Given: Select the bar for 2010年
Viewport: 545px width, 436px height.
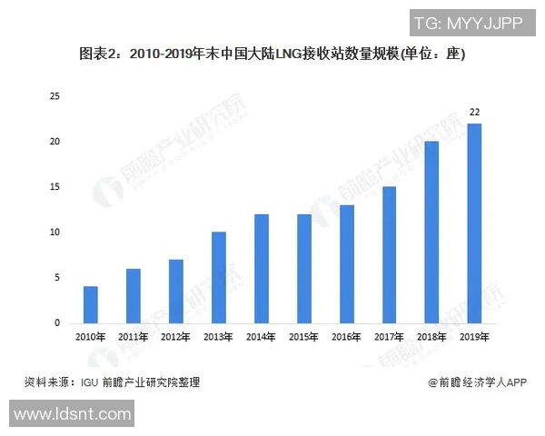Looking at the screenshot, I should [90, 305].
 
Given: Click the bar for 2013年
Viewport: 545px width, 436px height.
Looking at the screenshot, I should [218, 278].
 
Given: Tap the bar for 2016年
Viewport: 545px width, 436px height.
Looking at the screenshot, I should [346, 264].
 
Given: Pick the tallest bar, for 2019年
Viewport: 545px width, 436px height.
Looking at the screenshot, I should [474, 223].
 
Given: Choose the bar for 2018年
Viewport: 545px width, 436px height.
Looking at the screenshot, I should [431, 233].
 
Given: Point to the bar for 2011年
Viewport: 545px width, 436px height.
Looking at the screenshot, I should [133, 296].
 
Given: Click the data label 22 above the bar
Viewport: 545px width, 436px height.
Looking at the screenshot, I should [474, 112].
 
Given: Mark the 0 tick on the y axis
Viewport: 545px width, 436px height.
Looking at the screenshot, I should [57, 323].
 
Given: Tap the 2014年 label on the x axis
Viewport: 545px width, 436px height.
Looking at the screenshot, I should [261, 337].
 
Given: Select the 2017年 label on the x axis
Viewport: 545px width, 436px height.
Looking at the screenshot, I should [389, 337].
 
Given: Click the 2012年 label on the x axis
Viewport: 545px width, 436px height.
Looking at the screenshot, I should [175, 337].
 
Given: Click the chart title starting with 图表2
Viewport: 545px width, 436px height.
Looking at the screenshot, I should [272, 54].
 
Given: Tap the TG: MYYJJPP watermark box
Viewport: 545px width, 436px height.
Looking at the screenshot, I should [468, 22].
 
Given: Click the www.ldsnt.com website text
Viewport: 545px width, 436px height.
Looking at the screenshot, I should [73, 416].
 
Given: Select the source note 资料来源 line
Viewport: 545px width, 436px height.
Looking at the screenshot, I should [112, 382].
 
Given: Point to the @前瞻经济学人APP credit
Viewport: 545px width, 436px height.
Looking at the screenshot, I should [478, 382].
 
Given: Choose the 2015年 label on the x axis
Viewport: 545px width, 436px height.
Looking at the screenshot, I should [303, 337].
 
